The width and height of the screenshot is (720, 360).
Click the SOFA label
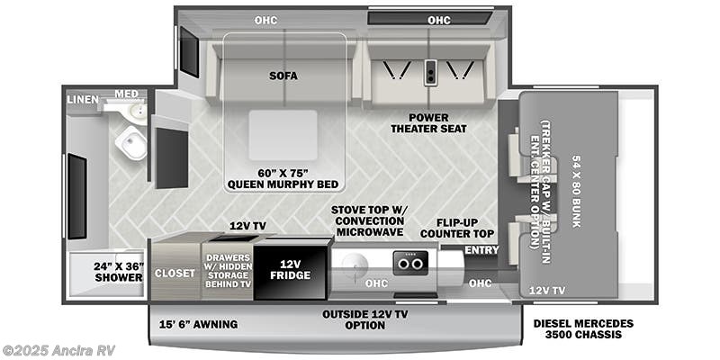(x=283, y=76)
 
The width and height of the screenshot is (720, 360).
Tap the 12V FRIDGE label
(x=290, y=269)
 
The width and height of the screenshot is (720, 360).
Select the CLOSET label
(x=175, y=274)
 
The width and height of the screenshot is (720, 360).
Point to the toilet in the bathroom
(x=131, y=142)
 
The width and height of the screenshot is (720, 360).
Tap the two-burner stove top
(x=410, y=263)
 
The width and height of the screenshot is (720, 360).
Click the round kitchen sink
(x=355, y=265)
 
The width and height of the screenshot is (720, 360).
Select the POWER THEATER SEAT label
(x=428, y=123)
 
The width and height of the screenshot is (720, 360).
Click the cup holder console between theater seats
(x=430, y=72)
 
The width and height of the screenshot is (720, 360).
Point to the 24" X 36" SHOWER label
(x=119, y=272)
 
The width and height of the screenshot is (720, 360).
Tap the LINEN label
(x=82, y=100)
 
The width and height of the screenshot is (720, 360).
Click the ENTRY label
(x=481, y=250)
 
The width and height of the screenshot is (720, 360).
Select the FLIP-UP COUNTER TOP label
(x=457, y=229)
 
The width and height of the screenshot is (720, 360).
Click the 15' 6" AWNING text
(x=198, y=325)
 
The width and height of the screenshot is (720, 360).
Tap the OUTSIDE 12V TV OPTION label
(x=365, y=320)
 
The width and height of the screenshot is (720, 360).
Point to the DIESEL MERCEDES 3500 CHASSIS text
(x=583, y=328)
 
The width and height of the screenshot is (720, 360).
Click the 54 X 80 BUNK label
(x=577, y=192)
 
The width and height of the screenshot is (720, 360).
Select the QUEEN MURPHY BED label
(x=283, y=179)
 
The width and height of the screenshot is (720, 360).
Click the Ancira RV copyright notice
(x=58, y=350)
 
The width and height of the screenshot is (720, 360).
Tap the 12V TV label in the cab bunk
(x=547, y=291)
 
